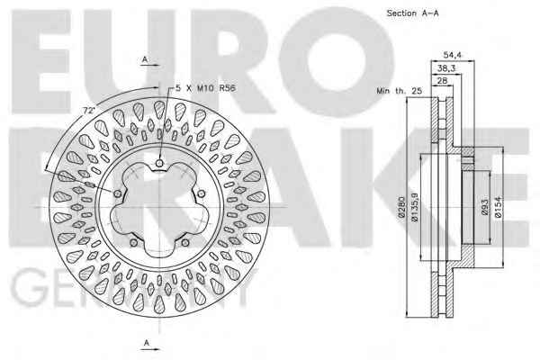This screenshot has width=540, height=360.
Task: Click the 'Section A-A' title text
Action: tap(412, 13)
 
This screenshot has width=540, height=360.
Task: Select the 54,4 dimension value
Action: tap(452, 54)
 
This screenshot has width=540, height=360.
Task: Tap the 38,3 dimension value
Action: tap(446, 68)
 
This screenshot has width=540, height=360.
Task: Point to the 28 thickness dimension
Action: tap(442, 81)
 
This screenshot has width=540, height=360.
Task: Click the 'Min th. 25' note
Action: tap(399, 91)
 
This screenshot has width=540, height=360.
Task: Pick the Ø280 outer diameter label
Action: tap(401, 207)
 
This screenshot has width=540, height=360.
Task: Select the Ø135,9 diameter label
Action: tap(415, 207)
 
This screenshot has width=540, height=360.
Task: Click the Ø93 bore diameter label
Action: tap(485, 207)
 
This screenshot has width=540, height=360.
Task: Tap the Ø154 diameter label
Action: tap(498, 207)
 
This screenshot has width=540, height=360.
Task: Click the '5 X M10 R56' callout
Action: tap(205, 88)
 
